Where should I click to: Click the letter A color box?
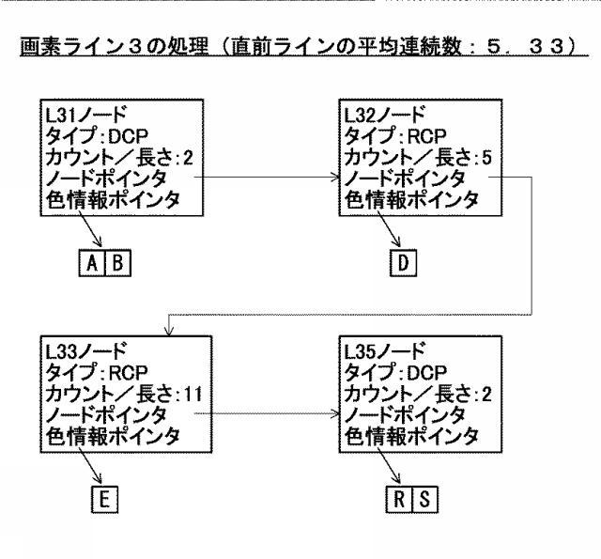92,263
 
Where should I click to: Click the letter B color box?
117,263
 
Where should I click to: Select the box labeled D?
403,263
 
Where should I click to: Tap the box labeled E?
104,499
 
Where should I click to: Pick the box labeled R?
399,499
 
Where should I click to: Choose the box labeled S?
424,499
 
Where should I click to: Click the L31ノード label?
85,115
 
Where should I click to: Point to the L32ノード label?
384,115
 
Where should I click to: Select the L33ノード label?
85,350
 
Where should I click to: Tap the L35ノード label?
384,350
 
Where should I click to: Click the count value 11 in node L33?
193,395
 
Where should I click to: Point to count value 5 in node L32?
486,158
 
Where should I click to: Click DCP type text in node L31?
129,136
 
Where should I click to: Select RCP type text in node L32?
427,136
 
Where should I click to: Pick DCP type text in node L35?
427,373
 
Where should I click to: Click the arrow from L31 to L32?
267,178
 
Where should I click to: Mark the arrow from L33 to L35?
267,413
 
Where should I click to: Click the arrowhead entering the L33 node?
169,332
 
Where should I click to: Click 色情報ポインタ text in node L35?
411,437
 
